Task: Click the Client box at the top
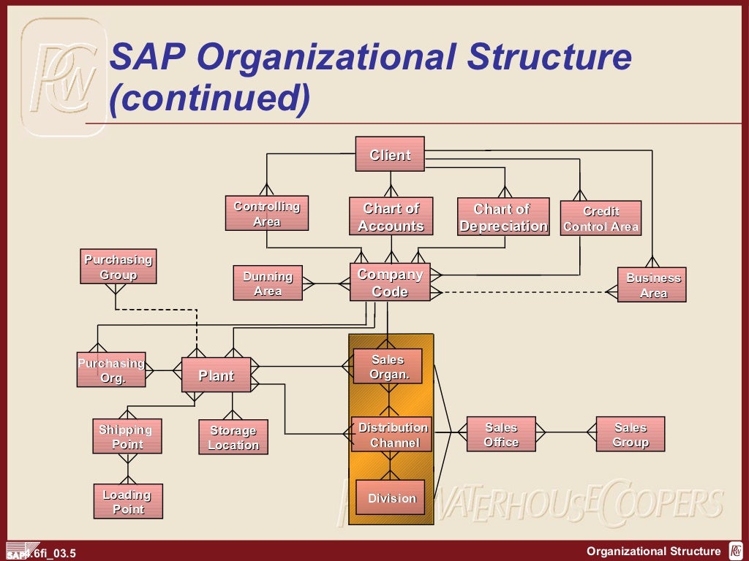pos(390,154)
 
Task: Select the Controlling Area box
pos(267,213)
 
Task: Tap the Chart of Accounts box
pos(391,217)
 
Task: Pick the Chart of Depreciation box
pos(503,217)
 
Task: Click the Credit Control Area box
pos(601,218)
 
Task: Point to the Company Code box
pos(390,283)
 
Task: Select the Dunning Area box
pos(268,283)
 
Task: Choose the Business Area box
pos(652,285)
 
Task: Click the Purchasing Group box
pos(118,267)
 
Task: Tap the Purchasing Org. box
pos(111,370)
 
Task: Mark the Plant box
pos(217,375)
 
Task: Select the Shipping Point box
pos(127,437)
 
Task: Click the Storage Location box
pos(233,438)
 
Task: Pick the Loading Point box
pos(128,502)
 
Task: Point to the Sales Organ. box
pos(388,367)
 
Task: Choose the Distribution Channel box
pos(393,435)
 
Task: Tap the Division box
pos(391,498)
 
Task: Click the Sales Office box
pos(501,435)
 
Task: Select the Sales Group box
pos(631,435)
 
